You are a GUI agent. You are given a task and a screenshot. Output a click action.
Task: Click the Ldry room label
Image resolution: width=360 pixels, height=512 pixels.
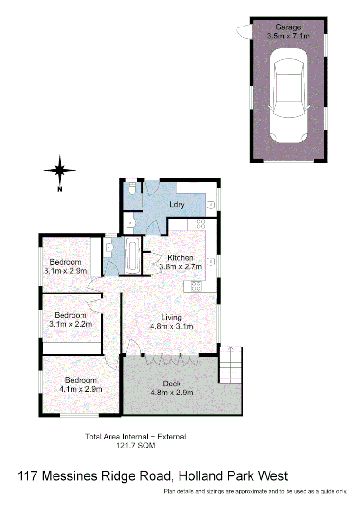coord(177,205)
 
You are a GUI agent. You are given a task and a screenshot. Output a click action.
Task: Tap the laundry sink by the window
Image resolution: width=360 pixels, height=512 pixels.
coord(211,205)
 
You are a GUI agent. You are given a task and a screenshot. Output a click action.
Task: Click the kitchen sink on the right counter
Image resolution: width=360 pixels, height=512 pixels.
coord(211,261)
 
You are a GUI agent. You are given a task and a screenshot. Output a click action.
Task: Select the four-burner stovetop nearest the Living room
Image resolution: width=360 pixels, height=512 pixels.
coord(196,286)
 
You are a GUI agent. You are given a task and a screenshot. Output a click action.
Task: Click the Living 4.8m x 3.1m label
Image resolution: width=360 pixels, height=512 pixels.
coord(171,322)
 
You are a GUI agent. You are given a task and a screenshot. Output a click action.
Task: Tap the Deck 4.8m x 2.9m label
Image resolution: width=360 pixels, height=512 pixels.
coord(171,388)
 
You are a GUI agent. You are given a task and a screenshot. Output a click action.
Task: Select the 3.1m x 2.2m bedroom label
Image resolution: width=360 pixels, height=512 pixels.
coord(71,320)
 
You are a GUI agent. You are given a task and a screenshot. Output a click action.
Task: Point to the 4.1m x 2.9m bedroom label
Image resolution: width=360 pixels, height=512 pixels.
coord(81,384)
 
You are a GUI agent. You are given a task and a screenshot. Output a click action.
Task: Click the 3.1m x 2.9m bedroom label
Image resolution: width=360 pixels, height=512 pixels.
coord(66,266)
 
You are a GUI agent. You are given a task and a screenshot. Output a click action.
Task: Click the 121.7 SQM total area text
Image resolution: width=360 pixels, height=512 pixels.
coord(135,446)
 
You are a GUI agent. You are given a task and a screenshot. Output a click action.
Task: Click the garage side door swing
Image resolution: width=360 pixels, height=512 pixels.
coord(243,32)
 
